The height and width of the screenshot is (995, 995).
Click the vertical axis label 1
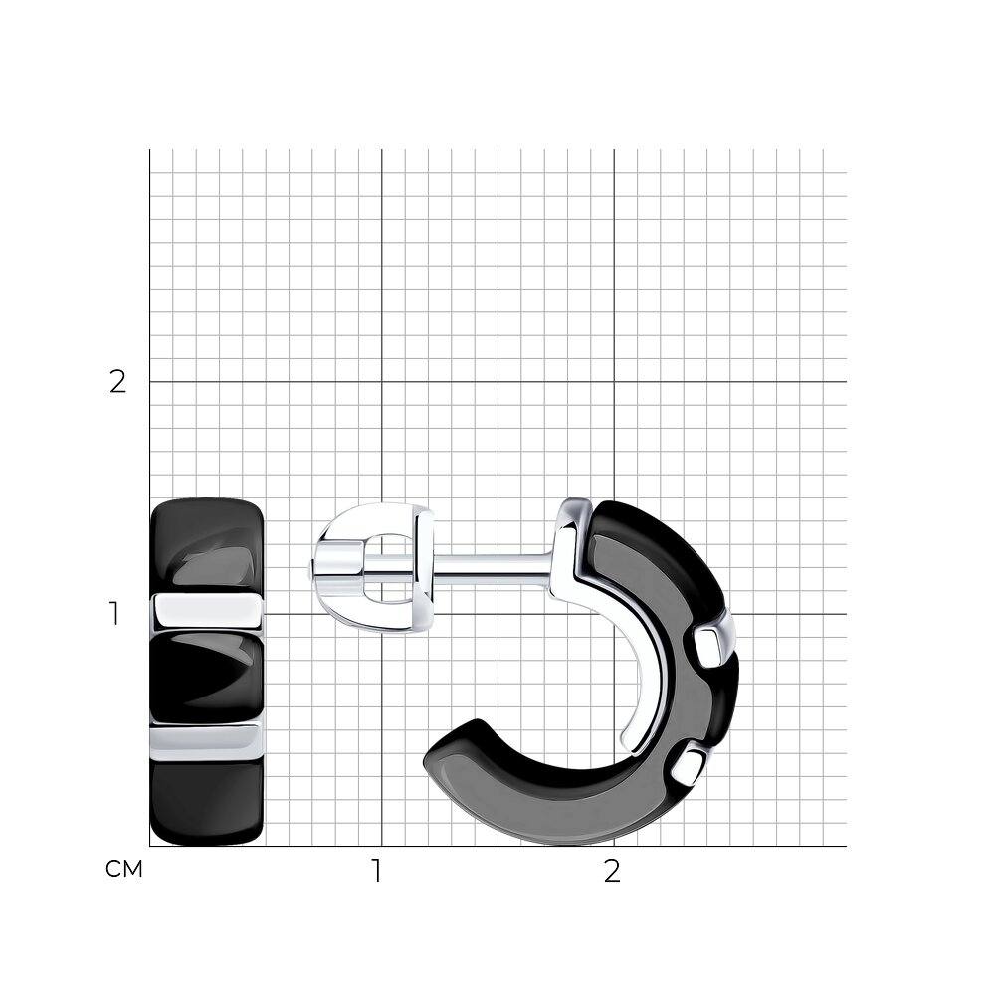(x=114, y=614)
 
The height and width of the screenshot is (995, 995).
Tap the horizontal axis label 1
(x=377, y=872)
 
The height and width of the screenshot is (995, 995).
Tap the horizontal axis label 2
(x=611, y=872)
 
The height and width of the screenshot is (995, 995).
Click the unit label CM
(x=124, y=869)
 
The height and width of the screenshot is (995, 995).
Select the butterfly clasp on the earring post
(x=374, y=567)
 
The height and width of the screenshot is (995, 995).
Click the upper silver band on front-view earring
(x=208, y=610)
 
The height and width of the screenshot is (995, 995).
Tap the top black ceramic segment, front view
(x=207, y=547)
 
